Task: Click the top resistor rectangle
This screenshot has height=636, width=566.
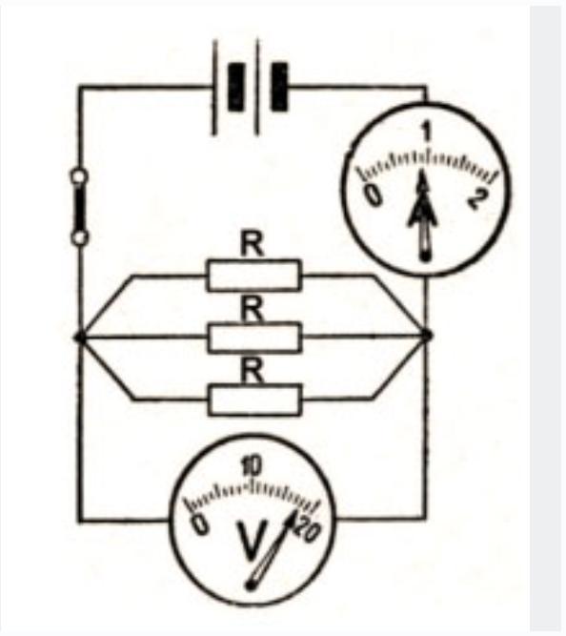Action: pyautogui.click(x=253, y=276)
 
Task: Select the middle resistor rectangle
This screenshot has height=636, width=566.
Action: pyautogui.click(x=255, y=337)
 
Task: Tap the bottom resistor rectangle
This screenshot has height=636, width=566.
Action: pyautogui.click(x=255, y=400)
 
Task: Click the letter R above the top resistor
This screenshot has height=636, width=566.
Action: pyautogui.click(x=252, y=245)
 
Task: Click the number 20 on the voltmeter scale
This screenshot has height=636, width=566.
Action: pyautogui.click(x=308, y=529)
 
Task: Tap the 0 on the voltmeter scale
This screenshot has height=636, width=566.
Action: pyautogui.click(x=201, y=523)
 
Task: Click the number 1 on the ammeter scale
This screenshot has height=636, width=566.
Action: pyautogui.click(x=426, y=133)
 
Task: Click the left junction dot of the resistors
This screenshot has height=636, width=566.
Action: pyautogui.click(x=79, y=337)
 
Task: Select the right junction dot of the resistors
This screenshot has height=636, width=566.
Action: pyautogui.click(x=427, y=336)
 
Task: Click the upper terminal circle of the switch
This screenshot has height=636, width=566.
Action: pyautogui.click(x=79, y=176)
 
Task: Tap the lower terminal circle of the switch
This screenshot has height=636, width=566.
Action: pyautogui.click(x=80, y=237)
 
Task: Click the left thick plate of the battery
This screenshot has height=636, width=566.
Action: pyautogui.click(x=236, y=87)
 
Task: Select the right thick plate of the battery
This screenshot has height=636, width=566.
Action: pyautogui.click(x=279, y=87)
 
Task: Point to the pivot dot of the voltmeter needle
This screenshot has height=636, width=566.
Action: pyautogui.click(x=251, y=585)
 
